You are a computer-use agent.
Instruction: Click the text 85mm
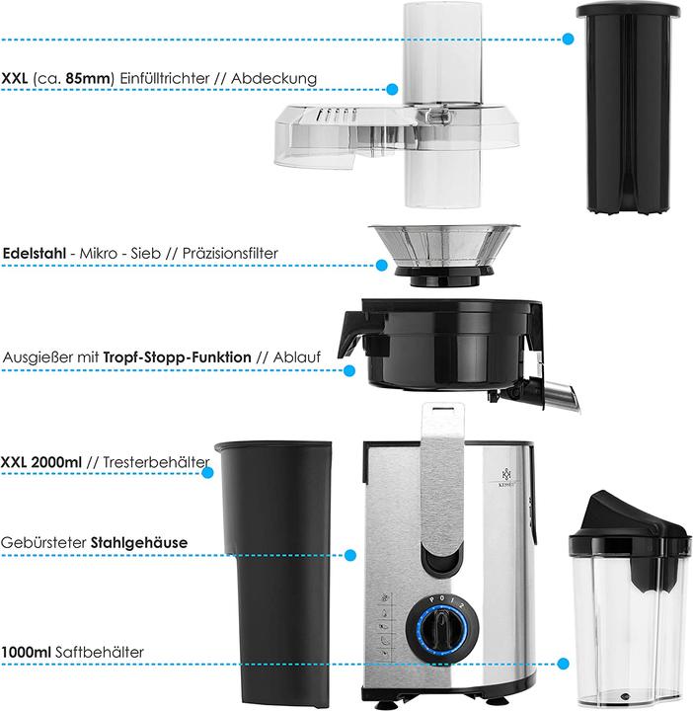pos(95,79)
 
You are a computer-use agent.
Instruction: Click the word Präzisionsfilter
pos(228,253)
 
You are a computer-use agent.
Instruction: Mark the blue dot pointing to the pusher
pos(568,39)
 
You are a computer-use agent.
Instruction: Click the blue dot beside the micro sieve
pos(382,265)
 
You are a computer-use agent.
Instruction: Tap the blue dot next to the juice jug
pos(564,665)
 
